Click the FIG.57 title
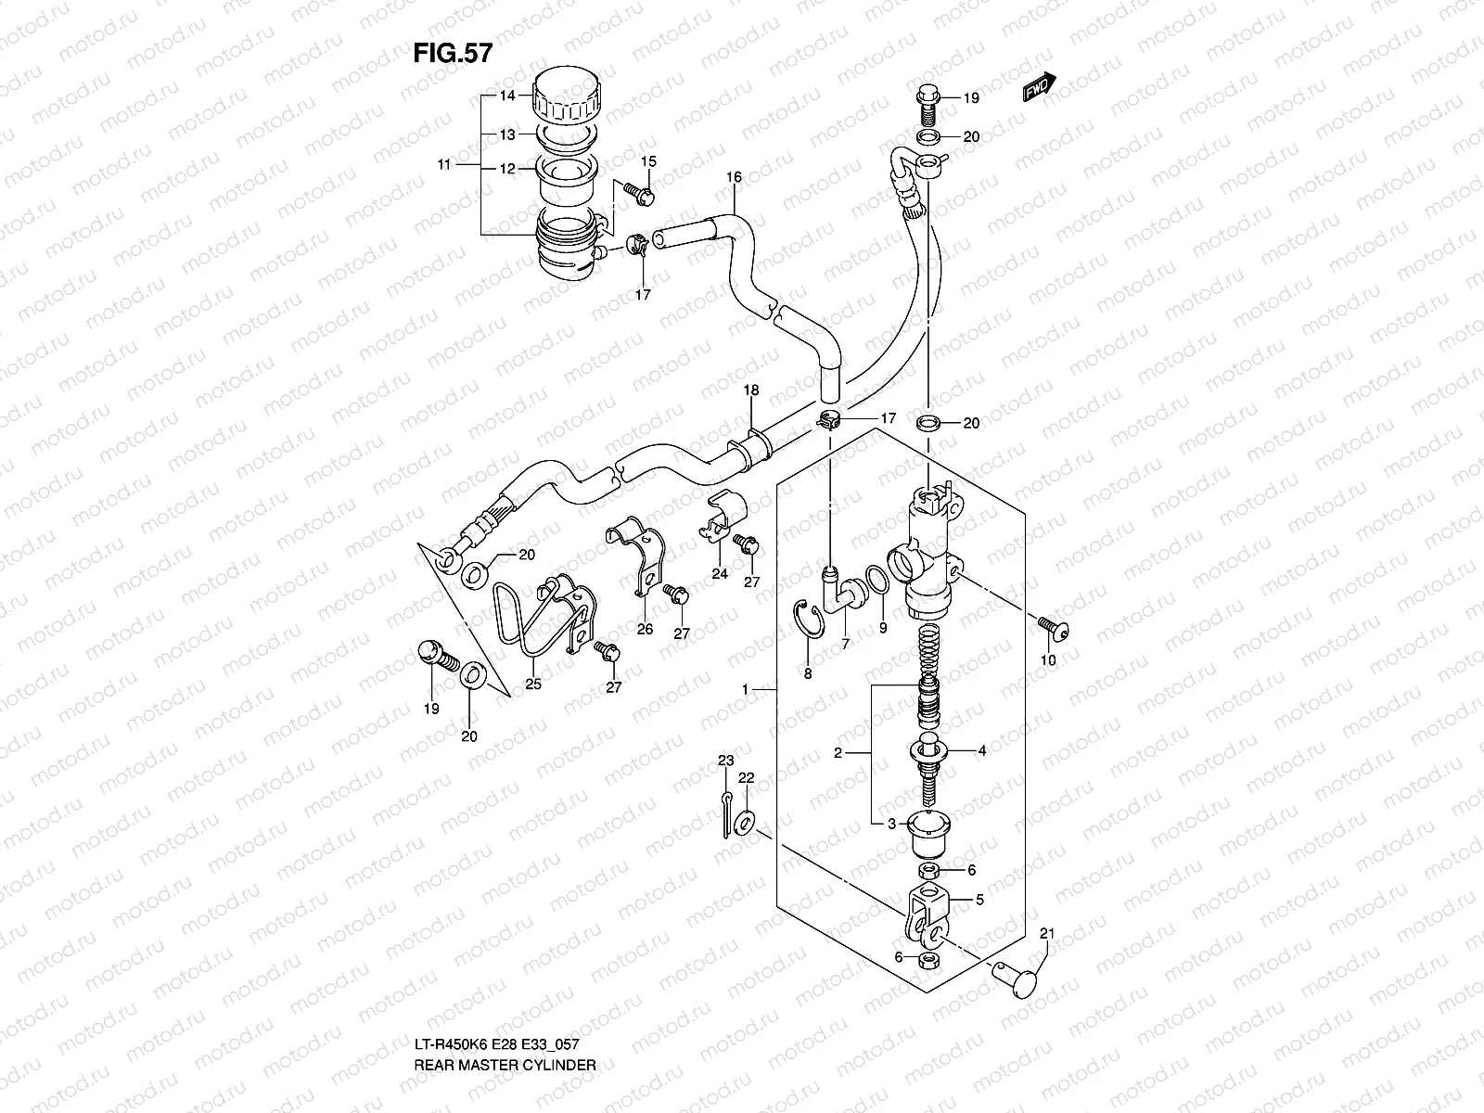click(x=452, y=54)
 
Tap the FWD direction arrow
click(x=1040, y=86)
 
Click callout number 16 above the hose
click(x=734, y=176)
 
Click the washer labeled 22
click(x=745, y=820)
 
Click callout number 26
click(x=645, y=629)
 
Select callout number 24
click(x=720, y=574)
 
